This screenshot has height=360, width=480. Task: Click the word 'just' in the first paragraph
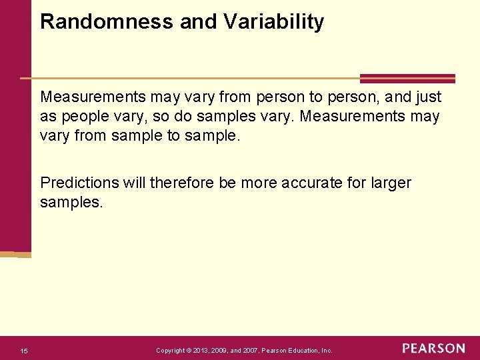pos(426,97)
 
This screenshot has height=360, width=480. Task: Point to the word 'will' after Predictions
pos(134,183)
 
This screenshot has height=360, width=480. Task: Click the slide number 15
pos(24,351)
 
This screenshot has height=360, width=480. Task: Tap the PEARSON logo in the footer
pos(433,349)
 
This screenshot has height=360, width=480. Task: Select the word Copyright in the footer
pos(171,351)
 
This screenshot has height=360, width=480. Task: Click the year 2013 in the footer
pos(205,351)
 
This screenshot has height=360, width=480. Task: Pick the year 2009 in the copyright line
pos(227,351)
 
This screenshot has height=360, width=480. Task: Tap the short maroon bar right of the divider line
pos(407,78)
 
